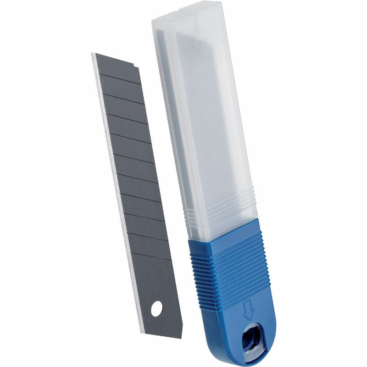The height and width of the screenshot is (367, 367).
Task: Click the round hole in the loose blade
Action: coord(156,309)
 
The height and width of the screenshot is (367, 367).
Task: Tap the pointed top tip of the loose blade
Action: coord(93,53)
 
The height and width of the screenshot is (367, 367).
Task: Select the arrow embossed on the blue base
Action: coord(249,310)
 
